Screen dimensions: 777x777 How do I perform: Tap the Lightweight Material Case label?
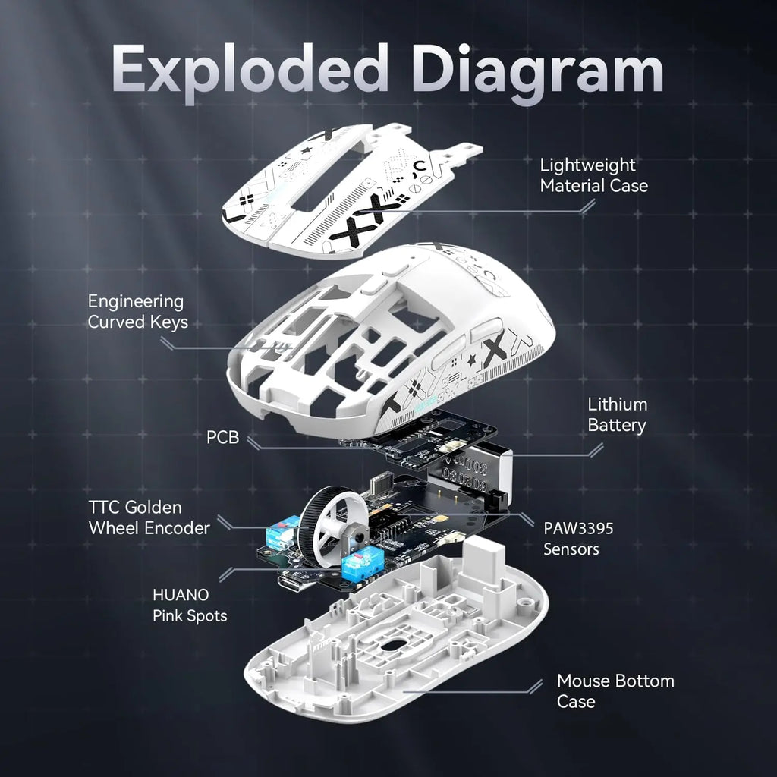click(x=593, y=175)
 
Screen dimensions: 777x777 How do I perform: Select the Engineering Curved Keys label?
click(x=137, y=312)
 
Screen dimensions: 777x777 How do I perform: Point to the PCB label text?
click(x=222, y=438)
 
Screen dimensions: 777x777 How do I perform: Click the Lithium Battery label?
click(x=617, y=415)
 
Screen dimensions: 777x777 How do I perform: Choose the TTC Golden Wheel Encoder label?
click(x=149, y=517)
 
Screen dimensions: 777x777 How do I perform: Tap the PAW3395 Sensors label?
click(x=578, y=538)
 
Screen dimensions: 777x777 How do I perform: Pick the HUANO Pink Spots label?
click(x=189, y=606)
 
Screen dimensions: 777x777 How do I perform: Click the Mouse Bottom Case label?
click(x=615, y=691)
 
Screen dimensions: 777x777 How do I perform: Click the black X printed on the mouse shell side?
click(x=494, y=351)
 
